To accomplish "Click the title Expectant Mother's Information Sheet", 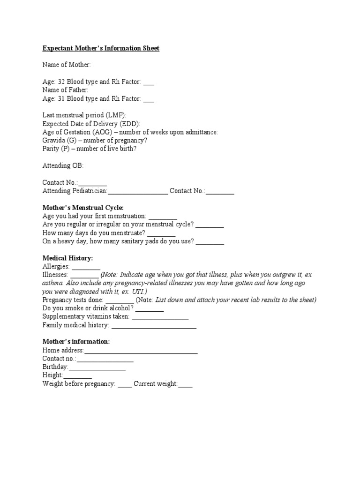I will (x=101, y=48).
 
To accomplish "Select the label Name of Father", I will (x=65, y=90).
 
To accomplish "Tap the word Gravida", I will (x=53, y=141).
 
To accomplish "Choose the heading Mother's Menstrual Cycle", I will (x=83, y=207).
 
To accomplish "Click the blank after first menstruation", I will (x=163, y=217).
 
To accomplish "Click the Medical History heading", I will (x=67, y=258).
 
